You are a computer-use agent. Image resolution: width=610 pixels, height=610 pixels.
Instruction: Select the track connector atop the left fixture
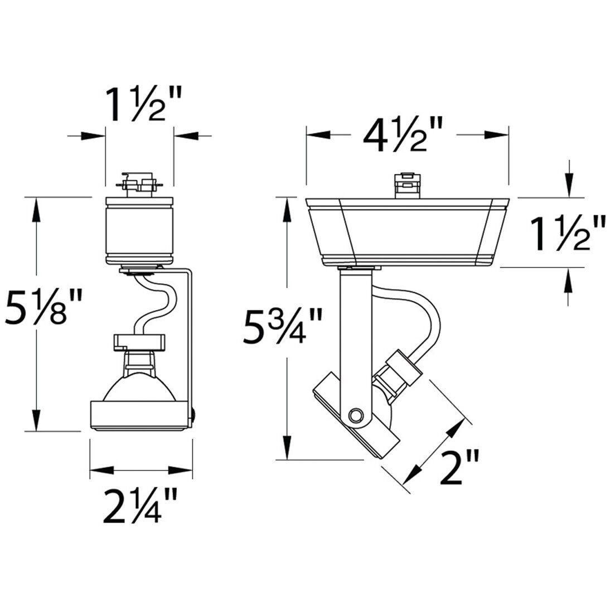139,183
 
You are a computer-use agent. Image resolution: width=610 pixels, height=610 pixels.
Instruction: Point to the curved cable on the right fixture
424,312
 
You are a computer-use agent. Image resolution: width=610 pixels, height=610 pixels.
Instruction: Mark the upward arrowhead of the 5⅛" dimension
36,209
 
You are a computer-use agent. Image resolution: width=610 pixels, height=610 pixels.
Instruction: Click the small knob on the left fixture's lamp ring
194,414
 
